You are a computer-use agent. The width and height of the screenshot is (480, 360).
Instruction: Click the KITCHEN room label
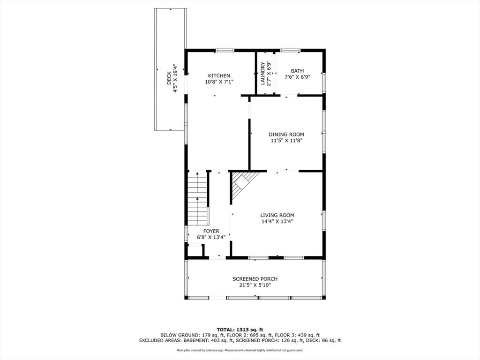tap(219, 75)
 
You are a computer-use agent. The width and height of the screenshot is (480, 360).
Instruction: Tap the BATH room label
tap(297, 71)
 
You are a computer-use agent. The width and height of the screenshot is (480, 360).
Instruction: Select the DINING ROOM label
tap(286, 135)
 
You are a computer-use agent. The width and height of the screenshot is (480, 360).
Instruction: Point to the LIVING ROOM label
tap(277, 215)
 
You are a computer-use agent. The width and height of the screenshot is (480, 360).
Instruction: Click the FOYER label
tap(211, 231)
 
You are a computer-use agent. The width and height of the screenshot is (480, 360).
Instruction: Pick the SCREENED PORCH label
tap(255, 279)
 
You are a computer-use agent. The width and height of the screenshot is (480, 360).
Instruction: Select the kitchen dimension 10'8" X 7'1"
tap(219, 82)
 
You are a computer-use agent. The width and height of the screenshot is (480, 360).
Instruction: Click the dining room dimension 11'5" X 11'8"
tap(286, 140)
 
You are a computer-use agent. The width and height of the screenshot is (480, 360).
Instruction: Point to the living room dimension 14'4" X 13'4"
tap(277, 221)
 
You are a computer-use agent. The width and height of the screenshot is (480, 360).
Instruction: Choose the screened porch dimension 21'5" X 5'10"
tap(255, 285)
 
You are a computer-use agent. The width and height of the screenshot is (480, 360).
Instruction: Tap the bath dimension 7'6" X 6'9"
tap(297, 77)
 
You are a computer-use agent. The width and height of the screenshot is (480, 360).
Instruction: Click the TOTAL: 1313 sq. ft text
tap(240, 329)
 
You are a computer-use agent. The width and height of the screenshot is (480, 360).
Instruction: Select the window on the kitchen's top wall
tap(225, 50)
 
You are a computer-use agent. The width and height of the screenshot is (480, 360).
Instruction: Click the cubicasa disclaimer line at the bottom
tap(240, 350)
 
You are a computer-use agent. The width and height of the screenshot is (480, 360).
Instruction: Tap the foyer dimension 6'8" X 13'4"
tap(211, 237)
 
